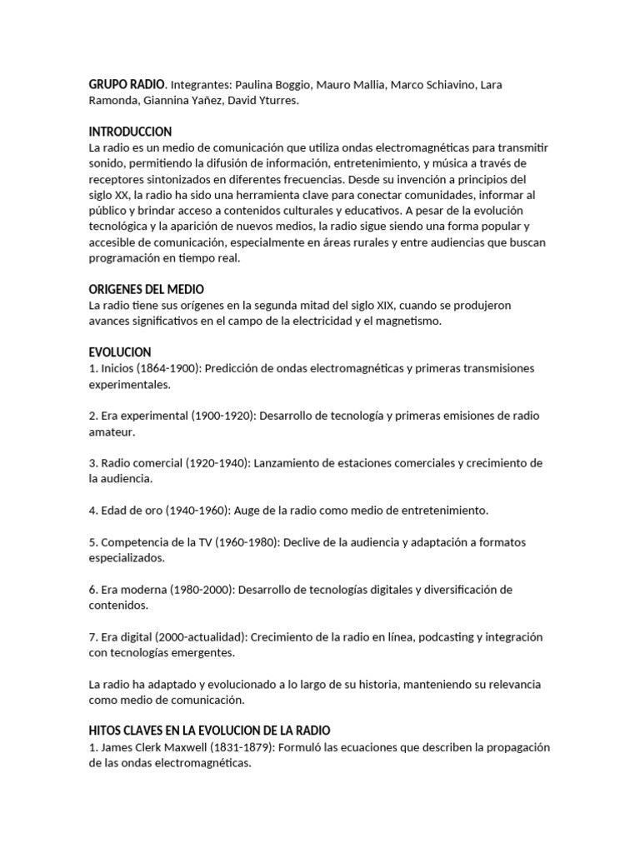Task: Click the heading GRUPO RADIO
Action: pyautogui.click(x=127, y=85)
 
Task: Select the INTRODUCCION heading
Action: pyautogui.click(x=130, y=132)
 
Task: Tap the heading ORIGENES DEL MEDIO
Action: pyautogui.click(x=147, y=290)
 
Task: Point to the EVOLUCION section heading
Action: pyautogui.click(x=120, y=352)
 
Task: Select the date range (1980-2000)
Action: pyautogui.click(x=198, y=590)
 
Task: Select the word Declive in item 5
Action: pyautogui.click(x=305, y=542)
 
